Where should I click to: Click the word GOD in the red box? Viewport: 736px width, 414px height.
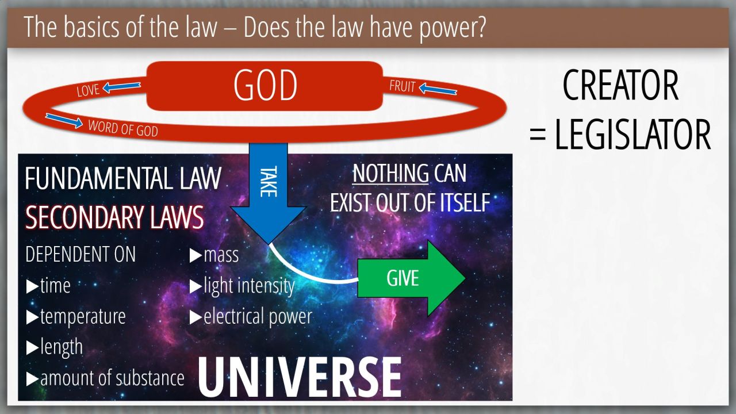265,86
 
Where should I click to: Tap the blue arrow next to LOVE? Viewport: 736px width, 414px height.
121,87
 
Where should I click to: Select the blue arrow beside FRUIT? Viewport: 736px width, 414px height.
438,89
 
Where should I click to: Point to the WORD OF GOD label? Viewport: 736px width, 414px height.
123,128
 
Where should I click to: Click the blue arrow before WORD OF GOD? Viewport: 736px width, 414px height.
64,121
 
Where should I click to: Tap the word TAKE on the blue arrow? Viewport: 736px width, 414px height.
269,181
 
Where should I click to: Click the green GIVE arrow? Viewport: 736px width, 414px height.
411,278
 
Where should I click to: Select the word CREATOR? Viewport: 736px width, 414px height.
620,86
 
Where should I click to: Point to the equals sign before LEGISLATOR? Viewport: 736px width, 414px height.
538,136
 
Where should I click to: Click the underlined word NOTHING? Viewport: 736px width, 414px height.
390,173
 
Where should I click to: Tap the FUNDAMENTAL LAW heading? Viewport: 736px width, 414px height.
123,178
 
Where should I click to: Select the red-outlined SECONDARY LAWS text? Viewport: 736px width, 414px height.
114,217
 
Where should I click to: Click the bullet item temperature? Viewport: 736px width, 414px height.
76,317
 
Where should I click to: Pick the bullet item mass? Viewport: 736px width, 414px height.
214,255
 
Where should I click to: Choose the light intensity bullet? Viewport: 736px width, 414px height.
242,286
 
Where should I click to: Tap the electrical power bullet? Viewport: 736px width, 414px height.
251,317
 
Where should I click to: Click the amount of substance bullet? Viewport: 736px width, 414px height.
105,378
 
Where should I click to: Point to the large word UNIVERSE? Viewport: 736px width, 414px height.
300,378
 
